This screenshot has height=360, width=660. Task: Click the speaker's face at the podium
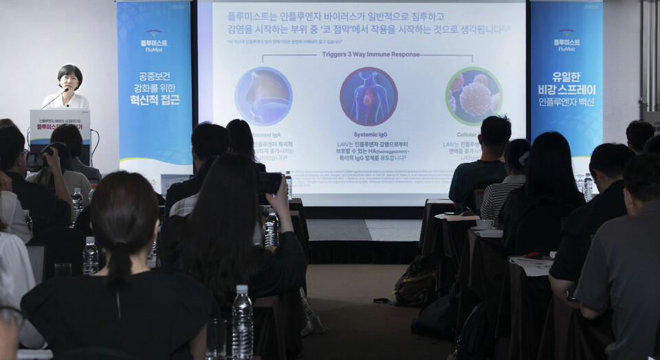[69, 78]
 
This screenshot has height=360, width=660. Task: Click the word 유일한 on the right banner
[566, 77]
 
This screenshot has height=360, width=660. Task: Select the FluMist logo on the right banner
[566, 39]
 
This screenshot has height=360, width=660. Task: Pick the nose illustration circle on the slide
[263, 96]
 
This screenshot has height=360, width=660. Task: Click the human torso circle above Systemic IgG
[368, 96]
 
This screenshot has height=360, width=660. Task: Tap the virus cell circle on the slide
[473, 96]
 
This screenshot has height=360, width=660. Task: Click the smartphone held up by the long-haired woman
[269, 183]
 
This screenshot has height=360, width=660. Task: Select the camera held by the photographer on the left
[35, 159]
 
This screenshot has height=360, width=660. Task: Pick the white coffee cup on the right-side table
[484, 224]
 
